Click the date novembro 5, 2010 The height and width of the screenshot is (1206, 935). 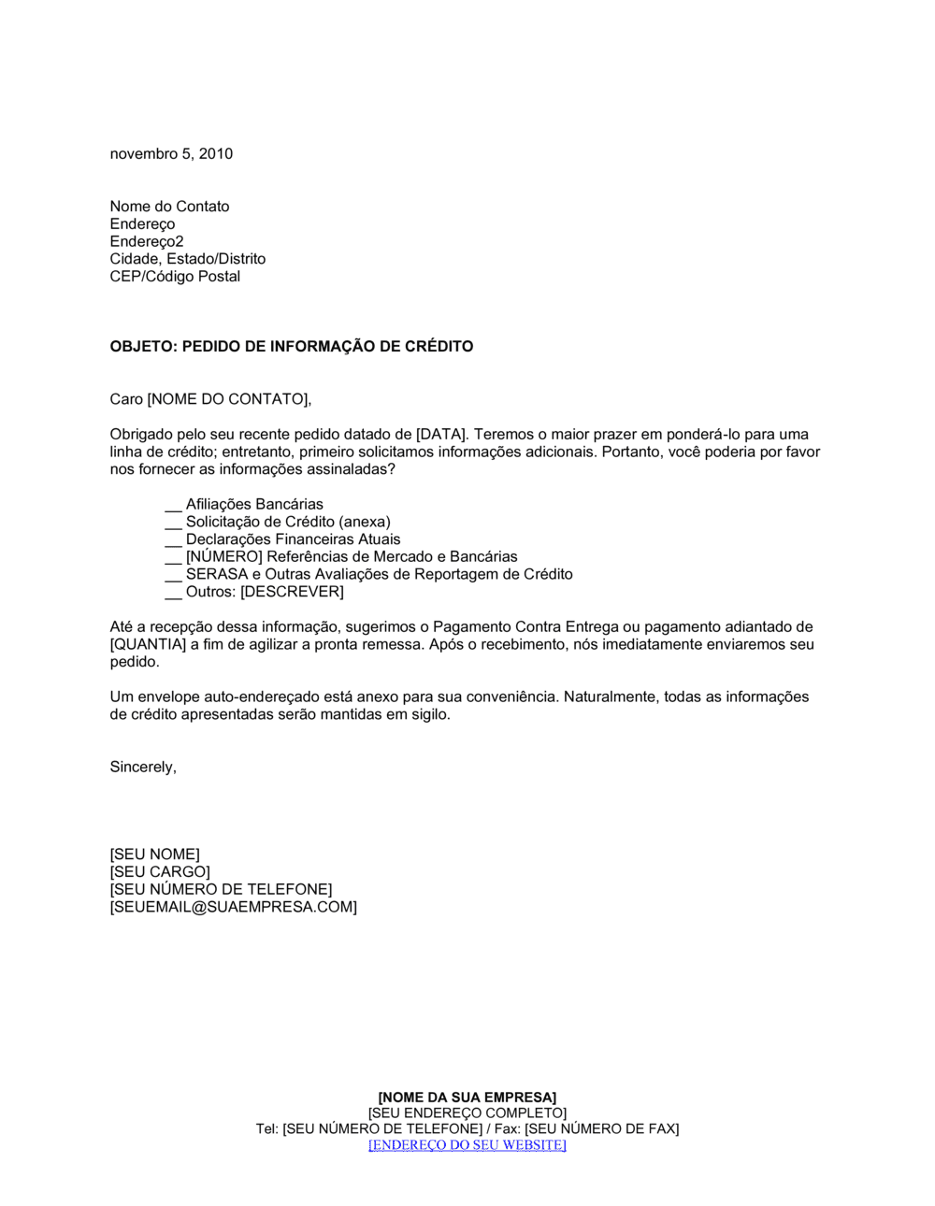click(171, 154)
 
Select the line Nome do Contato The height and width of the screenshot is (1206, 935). click(169, 207)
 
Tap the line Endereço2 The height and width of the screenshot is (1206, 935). click(147, 241)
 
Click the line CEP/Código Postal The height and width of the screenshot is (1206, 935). click(175, 277)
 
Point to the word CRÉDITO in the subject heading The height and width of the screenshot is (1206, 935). click(439, 347)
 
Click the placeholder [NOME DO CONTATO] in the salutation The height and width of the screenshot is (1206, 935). click(227, 400)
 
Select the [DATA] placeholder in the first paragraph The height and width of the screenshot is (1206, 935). click(439, 435)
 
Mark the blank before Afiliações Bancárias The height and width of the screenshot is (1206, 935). click(173, 506)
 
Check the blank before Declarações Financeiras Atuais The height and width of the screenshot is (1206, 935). click(173, 541)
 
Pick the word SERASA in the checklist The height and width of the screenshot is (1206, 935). click(217, 575)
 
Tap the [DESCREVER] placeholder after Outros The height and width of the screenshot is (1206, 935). click(292, 592)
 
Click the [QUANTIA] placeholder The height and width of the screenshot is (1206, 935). click(148, 645)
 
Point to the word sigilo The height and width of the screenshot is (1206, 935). click(428, 715)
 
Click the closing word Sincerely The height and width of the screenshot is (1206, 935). click(142, 768)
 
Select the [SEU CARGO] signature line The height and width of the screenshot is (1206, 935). click(160, 872)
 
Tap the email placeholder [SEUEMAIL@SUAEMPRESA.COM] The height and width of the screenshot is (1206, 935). click(233, 908)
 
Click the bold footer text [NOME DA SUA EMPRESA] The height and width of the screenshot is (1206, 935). click(467, 1098)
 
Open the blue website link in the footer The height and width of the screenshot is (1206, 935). click(467, 1145)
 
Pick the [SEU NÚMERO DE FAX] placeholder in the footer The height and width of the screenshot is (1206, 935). click(601, 1129)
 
